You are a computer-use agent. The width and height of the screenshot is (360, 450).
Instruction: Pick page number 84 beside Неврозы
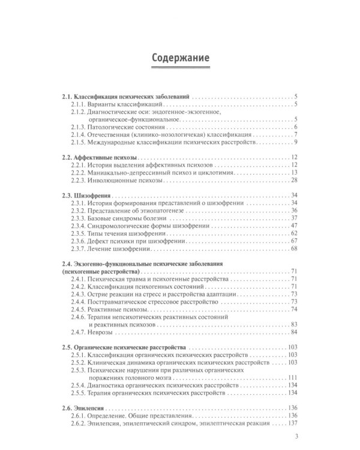[x=294, y=332]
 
